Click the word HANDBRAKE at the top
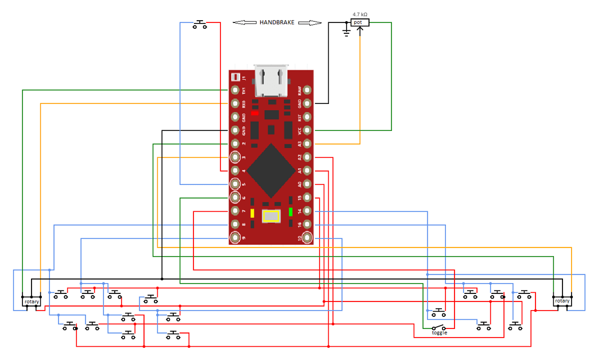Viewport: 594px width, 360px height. coord(277,22)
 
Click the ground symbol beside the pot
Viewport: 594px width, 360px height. coord(346,32)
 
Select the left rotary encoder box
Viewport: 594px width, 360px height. coord(32,301)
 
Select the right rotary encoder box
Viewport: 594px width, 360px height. coord(562,301)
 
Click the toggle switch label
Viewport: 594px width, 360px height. coord(439,332)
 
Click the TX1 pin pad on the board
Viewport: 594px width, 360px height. coord(235,90)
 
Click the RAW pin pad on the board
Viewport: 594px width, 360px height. coord(308,90)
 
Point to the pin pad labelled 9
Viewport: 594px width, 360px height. coord(235,238)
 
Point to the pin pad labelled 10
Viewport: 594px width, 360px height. coord(308,238)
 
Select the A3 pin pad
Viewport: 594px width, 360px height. coord(308,144)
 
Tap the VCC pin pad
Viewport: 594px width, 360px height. coord(308,130)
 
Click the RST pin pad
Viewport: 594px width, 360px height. coord(308,117)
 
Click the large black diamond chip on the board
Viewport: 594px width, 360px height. coord(271,170)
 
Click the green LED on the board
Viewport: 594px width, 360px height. coord(291,211)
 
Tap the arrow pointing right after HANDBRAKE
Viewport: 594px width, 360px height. coord(310,22)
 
